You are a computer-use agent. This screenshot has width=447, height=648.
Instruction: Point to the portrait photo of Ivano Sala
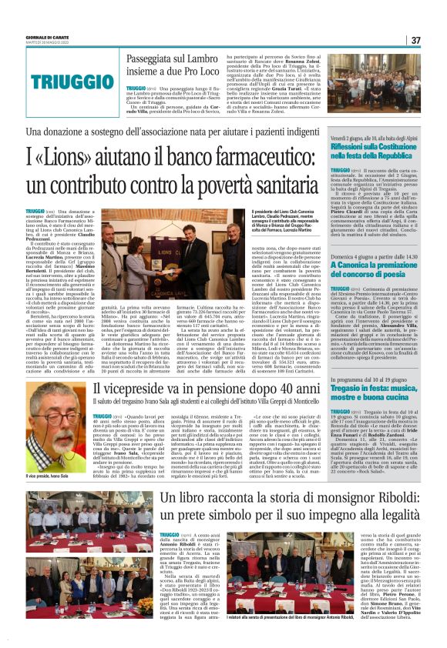[53, 446]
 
